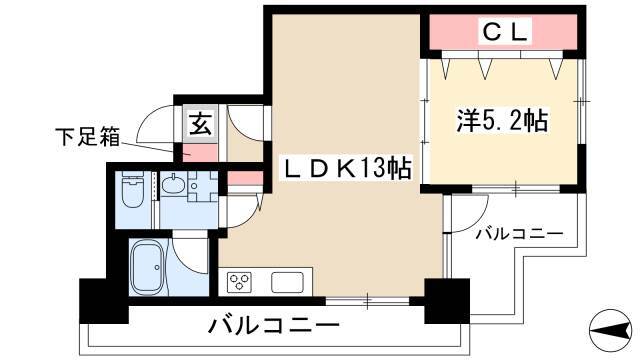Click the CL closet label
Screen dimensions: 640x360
point(505,31)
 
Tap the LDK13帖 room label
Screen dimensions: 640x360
point(347,168)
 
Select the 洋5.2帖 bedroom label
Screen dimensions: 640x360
point(502,120)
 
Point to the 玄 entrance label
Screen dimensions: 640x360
point(200,124)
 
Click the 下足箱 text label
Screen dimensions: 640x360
point(88,137)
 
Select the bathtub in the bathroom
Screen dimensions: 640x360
point(148,267)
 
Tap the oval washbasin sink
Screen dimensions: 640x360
point(173,185)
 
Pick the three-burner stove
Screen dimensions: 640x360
point(239,282)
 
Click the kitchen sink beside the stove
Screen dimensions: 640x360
point(287,282)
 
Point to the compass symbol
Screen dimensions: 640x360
point(611,330)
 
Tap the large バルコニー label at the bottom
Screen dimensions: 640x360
point(274,326)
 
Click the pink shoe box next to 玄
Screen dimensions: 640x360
point(200,153)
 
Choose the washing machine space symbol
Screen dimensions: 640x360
point(202,187)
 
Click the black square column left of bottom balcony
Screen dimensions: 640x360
point(104,301)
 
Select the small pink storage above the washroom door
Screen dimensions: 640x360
point(245,178)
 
